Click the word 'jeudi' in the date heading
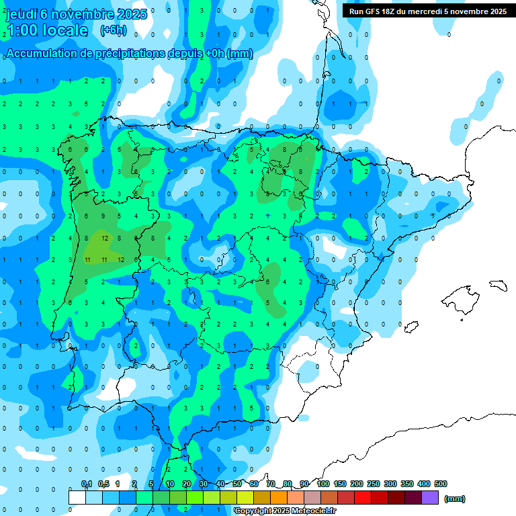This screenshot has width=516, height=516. tap(21, 15)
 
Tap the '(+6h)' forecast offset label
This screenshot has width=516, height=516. tap(113, 30)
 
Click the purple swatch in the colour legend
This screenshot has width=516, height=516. tap(430, 497)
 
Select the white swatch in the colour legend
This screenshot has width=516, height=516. tap(77, 497)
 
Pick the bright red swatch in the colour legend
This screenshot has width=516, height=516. tap(363, 497)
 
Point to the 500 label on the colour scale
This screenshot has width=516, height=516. tap(440, 484)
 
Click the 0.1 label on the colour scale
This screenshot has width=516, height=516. tap(86, 484)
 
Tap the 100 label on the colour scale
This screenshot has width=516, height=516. tap(323, 484)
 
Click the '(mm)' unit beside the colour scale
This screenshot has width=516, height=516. tap(455, 499)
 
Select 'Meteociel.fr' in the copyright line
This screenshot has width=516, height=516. tap(314, 511)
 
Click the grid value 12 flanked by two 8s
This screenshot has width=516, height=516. tap(105, 238)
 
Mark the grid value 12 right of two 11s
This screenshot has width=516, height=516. tap(121, 259)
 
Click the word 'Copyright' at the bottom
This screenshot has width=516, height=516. tap(253, 511)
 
